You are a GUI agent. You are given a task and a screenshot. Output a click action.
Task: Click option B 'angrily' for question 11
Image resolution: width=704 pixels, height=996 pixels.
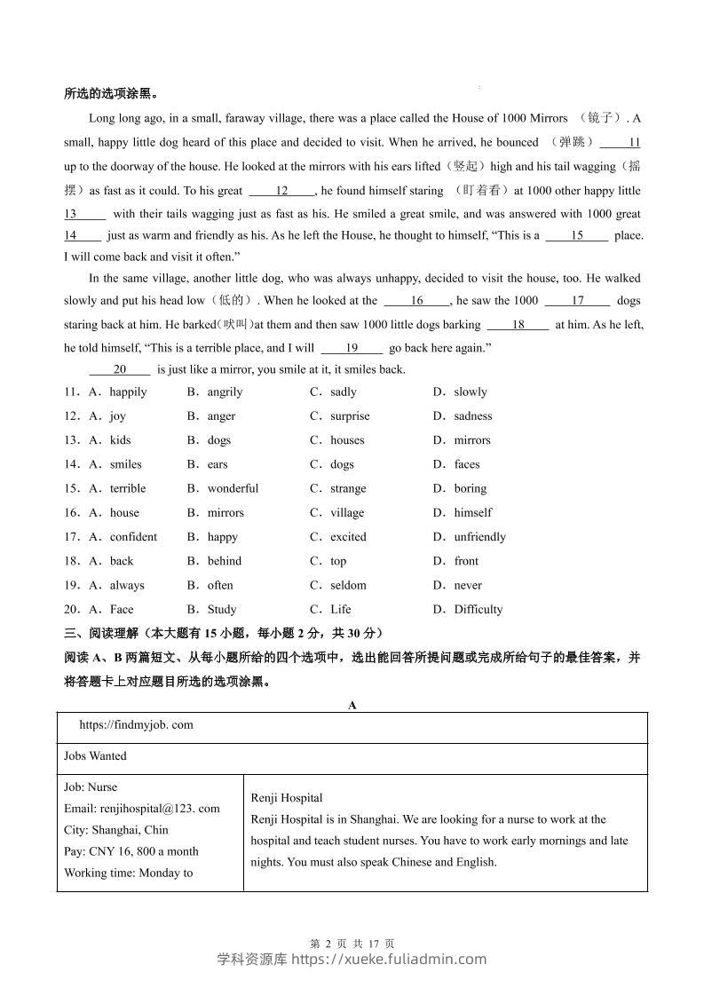click(x=224, y=391)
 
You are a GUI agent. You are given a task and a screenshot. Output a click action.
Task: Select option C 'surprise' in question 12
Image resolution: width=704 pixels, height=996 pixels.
click(x=349, y=415)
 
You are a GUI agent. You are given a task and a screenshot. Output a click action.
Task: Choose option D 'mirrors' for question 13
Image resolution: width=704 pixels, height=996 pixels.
click(x=471, y=440)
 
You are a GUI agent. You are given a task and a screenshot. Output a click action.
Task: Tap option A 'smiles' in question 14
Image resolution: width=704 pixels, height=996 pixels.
click(x=125, y=464)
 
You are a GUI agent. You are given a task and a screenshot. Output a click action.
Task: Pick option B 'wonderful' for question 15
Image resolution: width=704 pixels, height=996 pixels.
click(x=233, y=488)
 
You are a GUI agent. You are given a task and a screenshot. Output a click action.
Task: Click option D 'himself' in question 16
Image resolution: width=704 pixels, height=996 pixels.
click(x=472, y=512)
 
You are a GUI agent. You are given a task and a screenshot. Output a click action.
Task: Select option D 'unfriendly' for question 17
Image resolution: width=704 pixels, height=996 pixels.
click(x=479, y=537)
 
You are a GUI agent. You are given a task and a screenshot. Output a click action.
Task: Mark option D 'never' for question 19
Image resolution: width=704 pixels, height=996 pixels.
click(x=468, y=585)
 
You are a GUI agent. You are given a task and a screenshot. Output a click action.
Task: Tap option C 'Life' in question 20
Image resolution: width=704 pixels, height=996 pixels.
click(x=340, y=609)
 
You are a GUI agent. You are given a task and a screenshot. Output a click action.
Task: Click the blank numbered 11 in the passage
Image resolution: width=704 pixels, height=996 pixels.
click(x=621, y=143)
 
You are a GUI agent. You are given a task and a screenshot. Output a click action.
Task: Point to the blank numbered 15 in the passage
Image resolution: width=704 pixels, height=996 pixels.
click(x=577, y=235)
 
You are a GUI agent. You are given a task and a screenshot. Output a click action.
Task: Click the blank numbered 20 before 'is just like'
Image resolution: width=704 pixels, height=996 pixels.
click(x=120, y=369)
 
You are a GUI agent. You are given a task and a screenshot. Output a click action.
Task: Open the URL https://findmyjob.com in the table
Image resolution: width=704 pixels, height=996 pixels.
click(x=136, y=724)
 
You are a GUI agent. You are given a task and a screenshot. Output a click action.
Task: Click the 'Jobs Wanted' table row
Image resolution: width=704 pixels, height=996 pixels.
click(x=95, y=756)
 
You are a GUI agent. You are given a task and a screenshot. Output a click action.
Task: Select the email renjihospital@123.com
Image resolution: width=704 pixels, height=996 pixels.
click(x=142, y=809)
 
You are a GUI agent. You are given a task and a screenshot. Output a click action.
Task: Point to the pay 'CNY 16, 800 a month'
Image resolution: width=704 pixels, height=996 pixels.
click(x=131, y=851)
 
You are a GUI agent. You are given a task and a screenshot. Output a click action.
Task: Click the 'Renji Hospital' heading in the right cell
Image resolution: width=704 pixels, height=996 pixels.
click(x=287, y=798)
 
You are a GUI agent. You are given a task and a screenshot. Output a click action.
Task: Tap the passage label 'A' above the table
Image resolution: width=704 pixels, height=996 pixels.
click(x=352, y=705)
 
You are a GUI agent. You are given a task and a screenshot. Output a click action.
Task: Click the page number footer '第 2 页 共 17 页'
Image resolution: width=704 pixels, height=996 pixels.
click(x=352, y=944)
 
